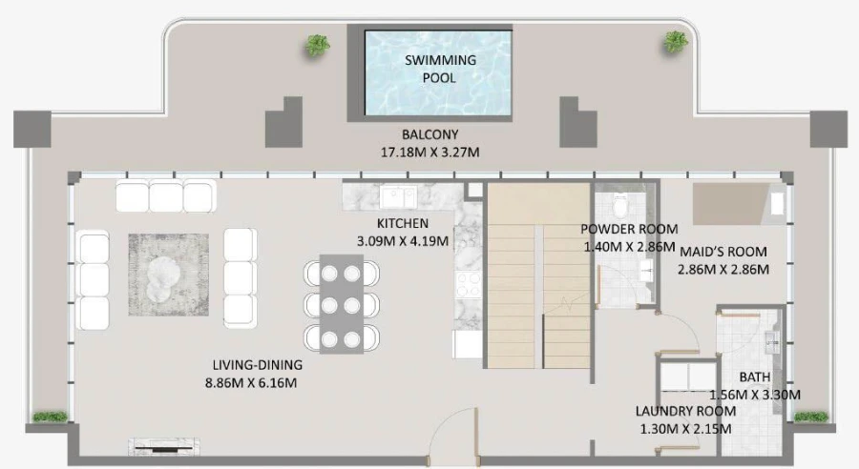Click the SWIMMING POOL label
440,69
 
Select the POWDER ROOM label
629,230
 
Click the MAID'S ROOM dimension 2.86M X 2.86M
723,270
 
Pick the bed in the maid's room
732,203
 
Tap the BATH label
754,377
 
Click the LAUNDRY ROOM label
685,412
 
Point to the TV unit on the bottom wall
166,444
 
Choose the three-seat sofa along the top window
164,196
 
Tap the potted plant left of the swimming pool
317,44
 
